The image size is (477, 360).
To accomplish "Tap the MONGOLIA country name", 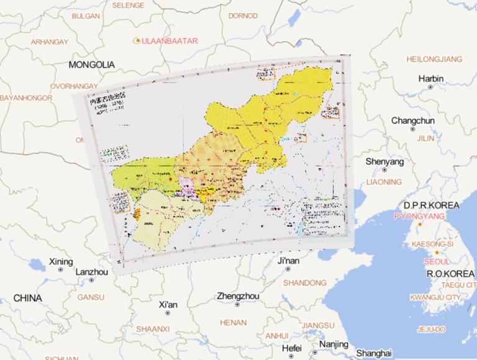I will tap(92, 65).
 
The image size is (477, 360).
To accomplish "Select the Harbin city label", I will tap(430, 79).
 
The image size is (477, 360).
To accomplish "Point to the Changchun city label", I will tap(413, 120).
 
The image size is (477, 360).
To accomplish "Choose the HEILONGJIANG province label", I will tap(434, 59).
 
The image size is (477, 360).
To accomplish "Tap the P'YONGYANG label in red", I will tap(419, 216).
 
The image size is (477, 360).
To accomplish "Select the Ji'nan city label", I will tap(288, 261).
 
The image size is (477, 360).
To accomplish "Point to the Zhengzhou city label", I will tap(238, 296).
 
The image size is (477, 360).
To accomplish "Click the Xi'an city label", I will tap(168, 305).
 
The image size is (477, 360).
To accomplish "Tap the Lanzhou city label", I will tap(91, 272).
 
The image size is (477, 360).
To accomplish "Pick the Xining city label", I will tap(61, 261).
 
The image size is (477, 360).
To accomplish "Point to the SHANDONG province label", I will tap(300, 282).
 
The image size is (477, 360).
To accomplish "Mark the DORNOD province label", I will tap(243, 16).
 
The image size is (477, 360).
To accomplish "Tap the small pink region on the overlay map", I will tap(186, 184).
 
